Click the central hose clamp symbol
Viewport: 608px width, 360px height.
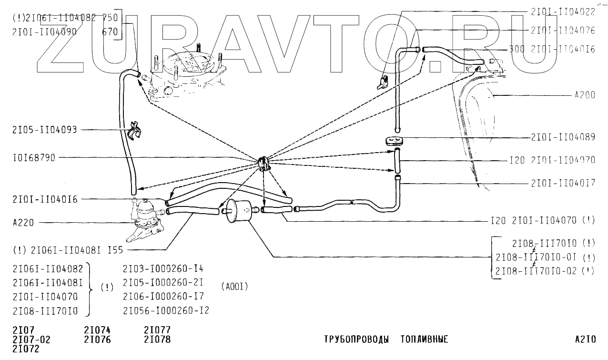(x=263, y=163)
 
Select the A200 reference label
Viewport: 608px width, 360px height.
(x=584, y=95)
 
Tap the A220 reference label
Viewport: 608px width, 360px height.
(x=23, y=222)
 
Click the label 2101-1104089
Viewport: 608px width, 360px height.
(x=563, y=137)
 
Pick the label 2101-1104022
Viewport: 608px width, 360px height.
(x=563, y=12)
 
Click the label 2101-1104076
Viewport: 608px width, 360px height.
(x=563, y=30)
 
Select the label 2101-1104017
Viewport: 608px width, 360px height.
(x=563, y=183)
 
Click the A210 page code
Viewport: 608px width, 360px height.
(x=585, y=339)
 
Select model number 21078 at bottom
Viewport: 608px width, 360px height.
(x=157, y=339)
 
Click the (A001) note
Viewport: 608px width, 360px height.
(x=234, y=287)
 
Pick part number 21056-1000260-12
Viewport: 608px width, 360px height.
(x=165, y=310)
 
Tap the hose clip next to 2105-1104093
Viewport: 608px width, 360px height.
(x=135, y=130)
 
